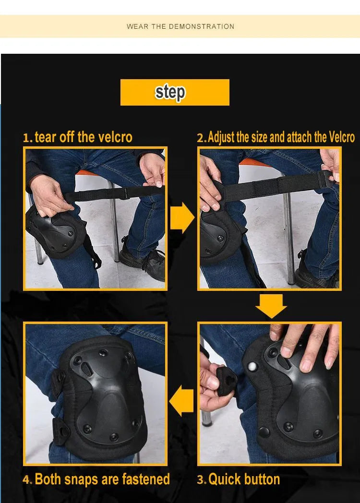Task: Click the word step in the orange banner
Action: coord(170,93)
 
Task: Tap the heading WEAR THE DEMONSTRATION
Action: coord(180,26)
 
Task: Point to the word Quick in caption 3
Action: coord(224,479)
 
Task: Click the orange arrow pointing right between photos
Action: coord(181,217)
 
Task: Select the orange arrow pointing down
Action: coord(271,306)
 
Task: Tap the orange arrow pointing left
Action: coord(181,401)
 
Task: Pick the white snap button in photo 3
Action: coord(252,366)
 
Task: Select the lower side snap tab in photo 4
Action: coord(60,431)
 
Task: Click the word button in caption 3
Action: coord(262,479)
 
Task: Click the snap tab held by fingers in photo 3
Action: coord(227,381)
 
